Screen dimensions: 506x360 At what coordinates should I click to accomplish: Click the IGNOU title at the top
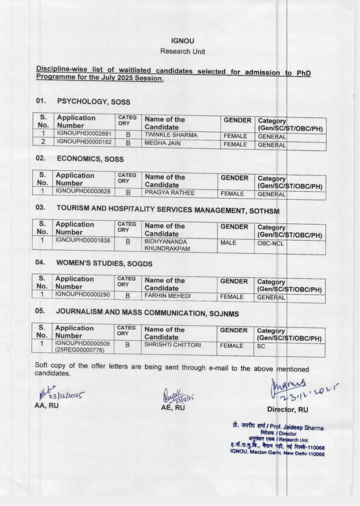[180, 42]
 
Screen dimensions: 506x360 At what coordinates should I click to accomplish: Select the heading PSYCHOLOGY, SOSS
[93, 102]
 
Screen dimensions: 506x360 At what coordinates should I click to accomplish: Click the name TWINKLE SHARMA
[171, 135]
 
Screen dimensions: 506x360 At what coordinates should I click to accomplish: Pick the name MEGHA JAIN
[162, 144]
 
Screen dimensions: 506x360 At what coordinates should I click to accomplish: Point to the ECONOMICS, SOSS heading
[90, 159]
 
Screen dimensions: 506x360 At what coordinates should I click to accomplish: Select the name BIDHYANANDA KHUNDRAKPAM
[167, 245]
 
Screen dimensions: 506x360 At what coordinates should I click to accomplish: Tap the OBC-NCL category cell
[270, 244]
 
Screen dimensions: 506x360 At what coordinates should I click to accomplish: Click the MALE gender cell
[229, 243]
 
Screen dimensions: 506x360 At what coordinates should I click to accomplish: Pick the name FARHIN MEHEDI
[167, 296]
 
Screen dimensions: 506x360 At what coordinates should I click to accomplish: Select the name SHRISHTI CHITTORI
[172, 345]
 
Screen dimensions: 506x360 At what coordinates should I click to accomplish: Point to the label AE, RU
[173, 408]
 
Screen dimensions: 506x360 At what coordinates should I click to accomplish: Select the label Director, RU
[287, 410]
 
